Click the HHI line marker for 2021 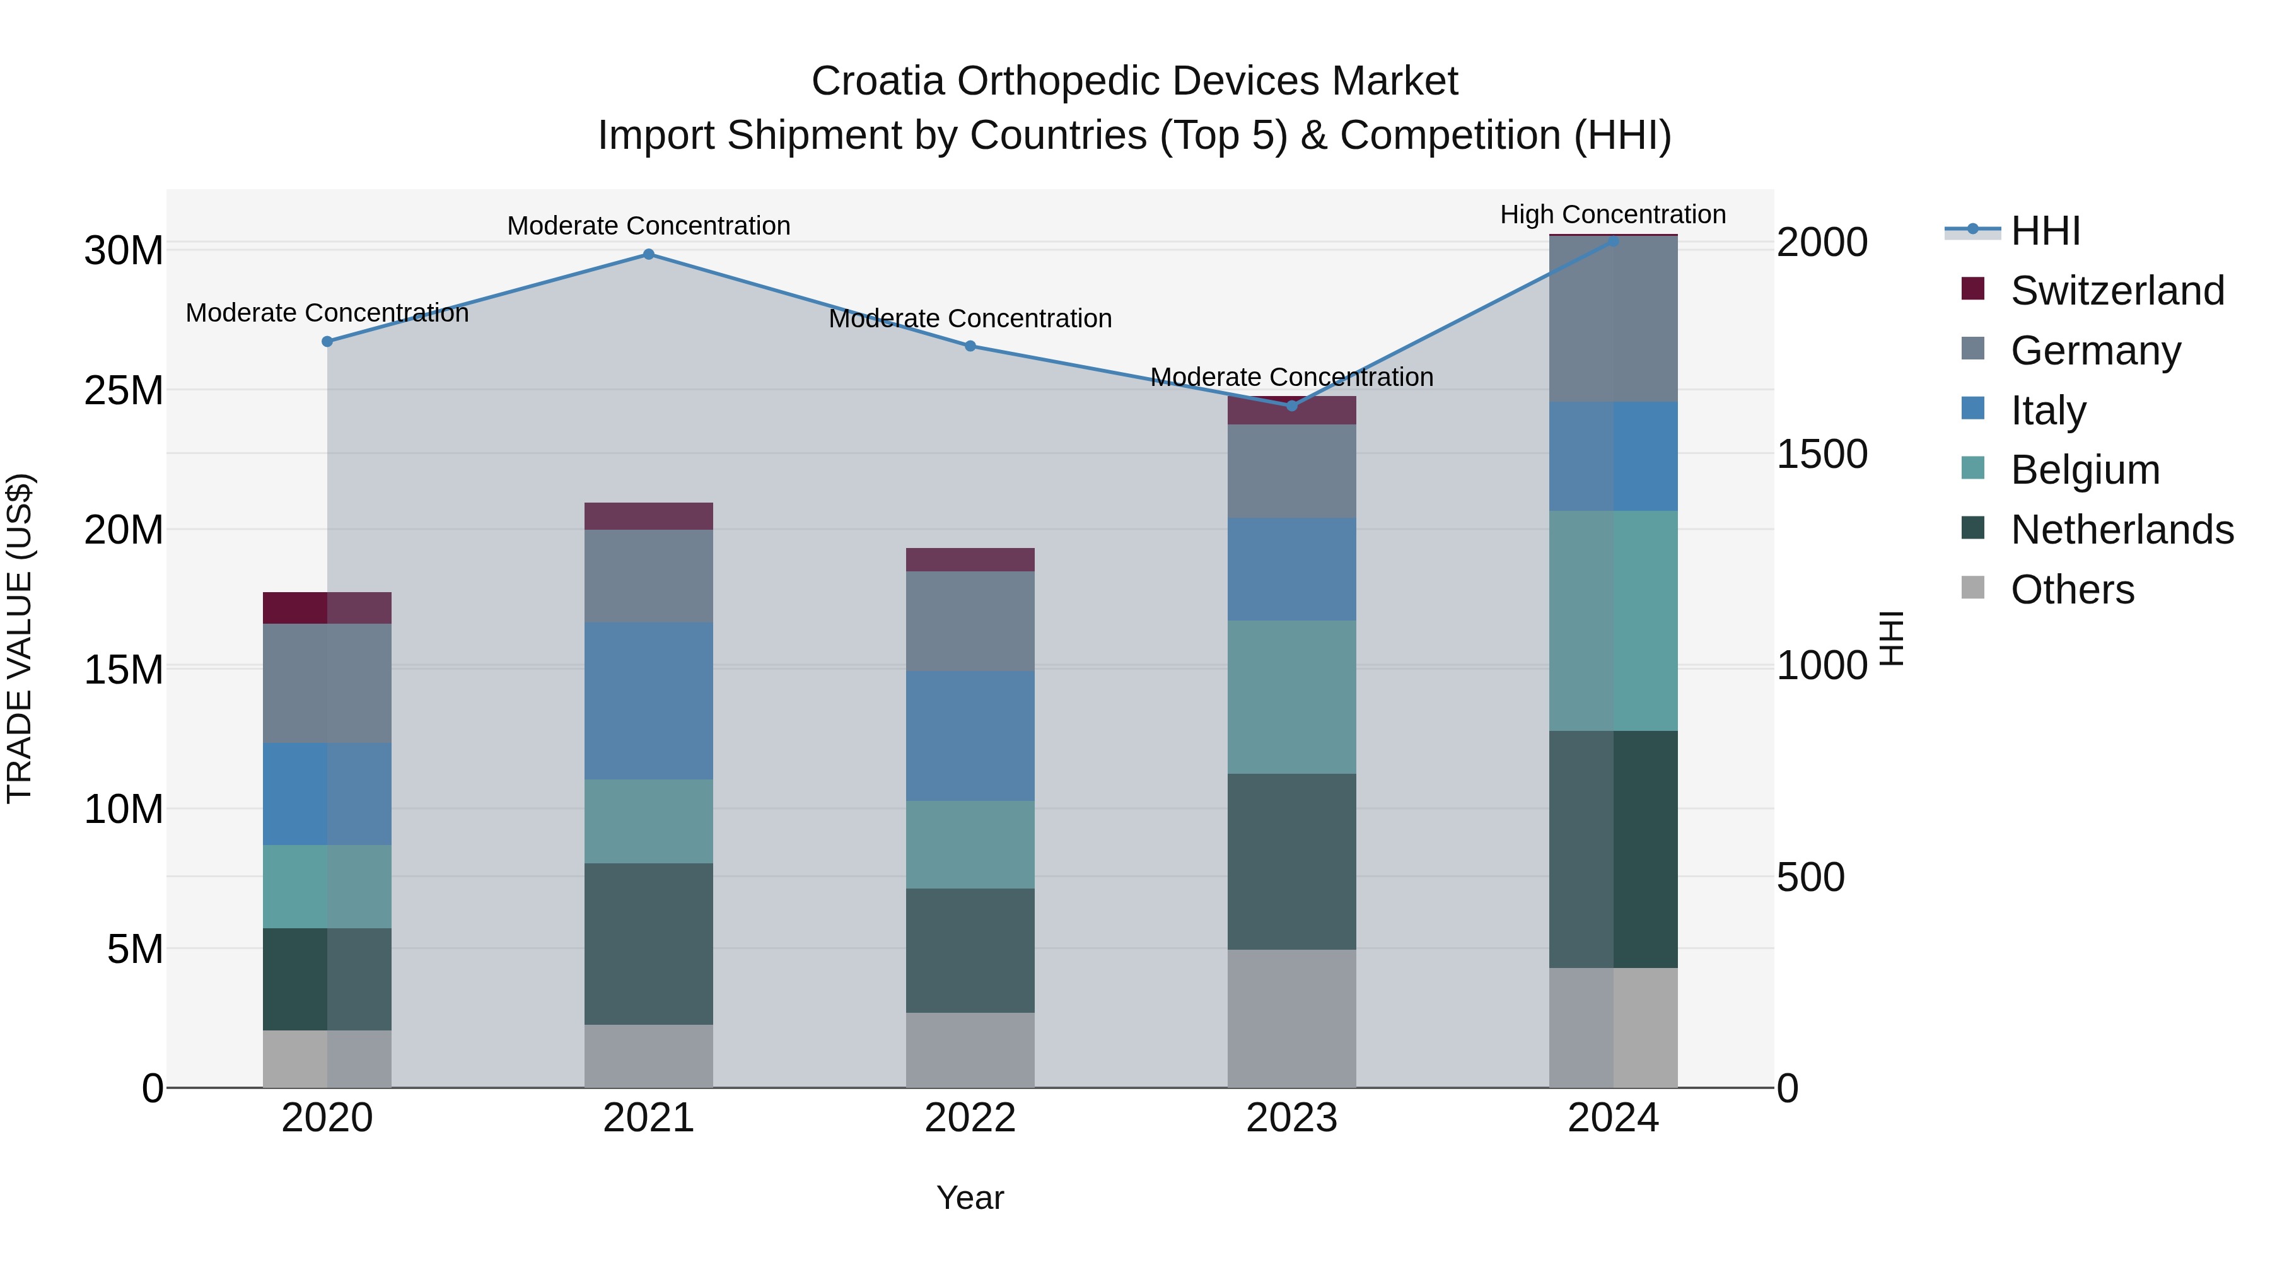tap(649, 255)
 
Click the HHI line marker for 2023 tap(1292, 406)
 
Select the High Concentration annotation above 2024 tap(1612, 215)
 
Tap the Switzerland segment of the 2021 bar tap(649, 516)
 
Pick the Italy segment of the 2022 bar tap(970, 737)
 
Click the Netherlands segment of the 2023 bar tap(1292, 862)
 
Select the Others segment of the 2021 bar tap(649, 1056)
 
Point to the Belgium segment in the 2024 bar tap(1612, 621)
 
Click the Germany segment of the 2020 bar tap(327, 684)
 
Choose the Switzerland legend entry tap(2117, 291)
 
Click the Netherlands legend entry tap(2121, 530)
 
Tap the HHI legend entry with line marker tap(2044, 231)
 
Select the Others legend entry tap(2072, 590)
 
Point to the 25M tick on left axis tap(124, 390)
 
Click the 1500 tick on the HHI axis tap(1822, 455)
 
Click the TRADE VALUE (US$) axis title tap(20, 638)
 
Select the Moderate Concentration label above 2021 tap(649, 226)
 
